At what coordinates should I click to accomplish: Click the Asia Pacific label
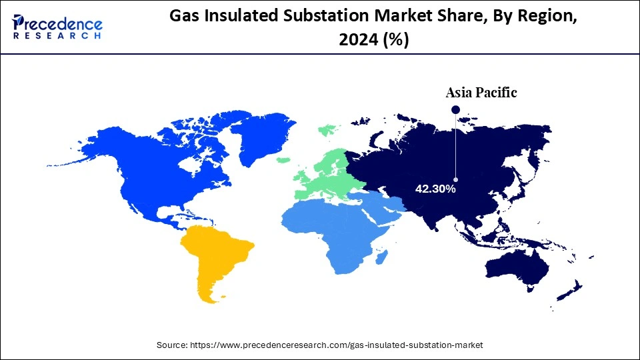tap(481, 93)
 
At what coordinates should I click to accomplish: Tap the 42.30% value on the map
tap(435, 189)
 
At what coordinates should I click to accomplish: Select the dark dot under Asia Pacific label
tap(455, 109)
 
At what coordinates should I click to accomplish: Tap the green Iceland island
tap(283, 160)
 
